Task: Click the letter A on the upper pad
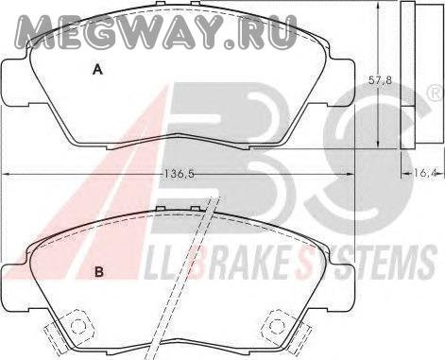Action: pos(98,69)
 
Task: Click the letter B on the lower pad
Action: pos(99,272)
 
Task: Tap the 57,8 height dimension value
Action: pos(380,80)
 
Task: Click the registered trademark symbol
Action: pos(436,94)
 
